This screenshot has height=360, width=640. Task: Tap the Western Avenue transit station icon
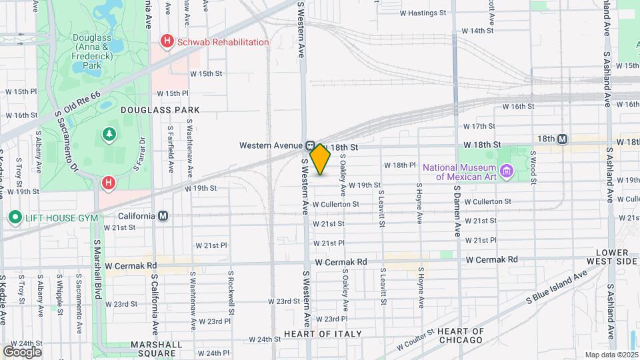pos(311,146)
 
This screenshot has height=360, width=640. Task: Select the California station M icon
pos(163,216)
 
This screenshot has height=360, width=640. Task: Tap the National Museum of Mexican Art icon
pos(507,172)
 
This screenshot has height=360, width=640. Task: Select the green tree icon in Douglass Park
pos(109,135)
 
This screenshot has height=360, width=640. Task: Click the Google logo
pos(22,351)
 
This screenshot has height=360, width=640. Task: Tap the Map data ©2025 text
pos(611,355)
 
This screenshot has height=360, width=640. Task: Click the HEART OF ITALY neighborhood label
pos(323,333)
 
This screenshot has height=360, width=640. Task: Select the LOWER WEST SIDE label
pos(613,257)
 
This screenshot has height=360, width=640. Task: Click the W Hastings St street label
pos(423,13)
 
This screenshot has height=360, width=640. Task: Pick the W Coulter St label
pos(415,340)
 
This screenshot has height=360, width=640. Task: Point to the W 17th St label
pos(477,126)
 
